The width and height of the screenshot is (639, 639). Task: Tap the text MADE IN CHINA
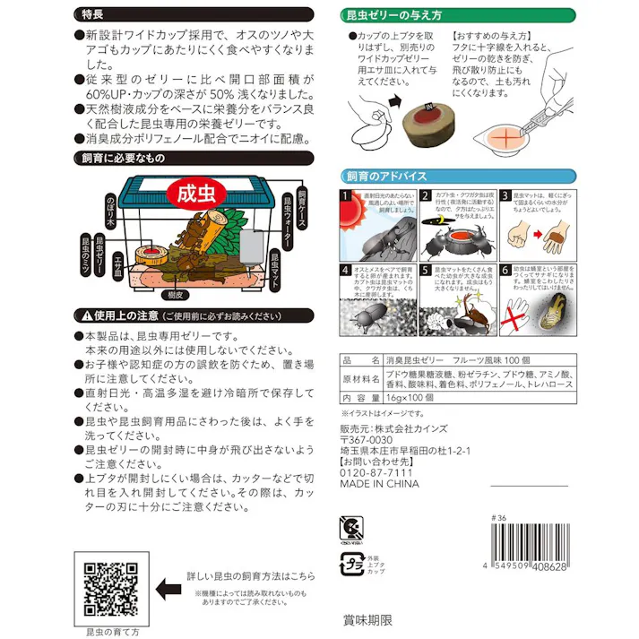click(380, 484)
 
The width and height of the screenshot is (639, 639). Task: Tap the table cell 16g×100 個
click(410, 397)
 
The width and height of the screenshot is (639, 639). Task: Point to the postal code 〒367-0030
click(367, 440)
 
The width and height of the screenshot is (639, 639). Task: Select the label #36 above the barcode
click(499, 517)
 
